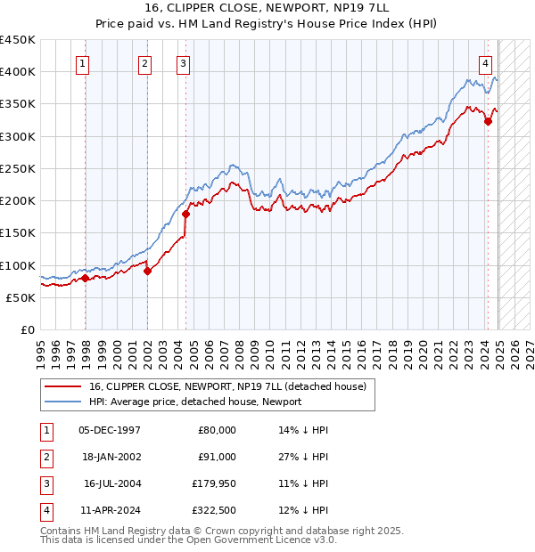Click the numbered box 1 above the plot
(82, 63)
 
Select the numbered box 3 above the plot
(183, 63)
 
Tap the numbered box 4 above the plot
(485, 63)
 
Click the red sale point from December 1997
(85, 278)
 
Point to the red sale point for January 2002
(147, 272)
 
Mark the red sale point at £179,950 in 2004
(185, 214)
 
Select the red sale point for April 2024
(488, 122)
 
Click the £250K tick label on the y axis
(19, 168)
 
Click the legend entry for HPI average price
(195, 402)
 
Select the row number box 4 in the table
(45, 510)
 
